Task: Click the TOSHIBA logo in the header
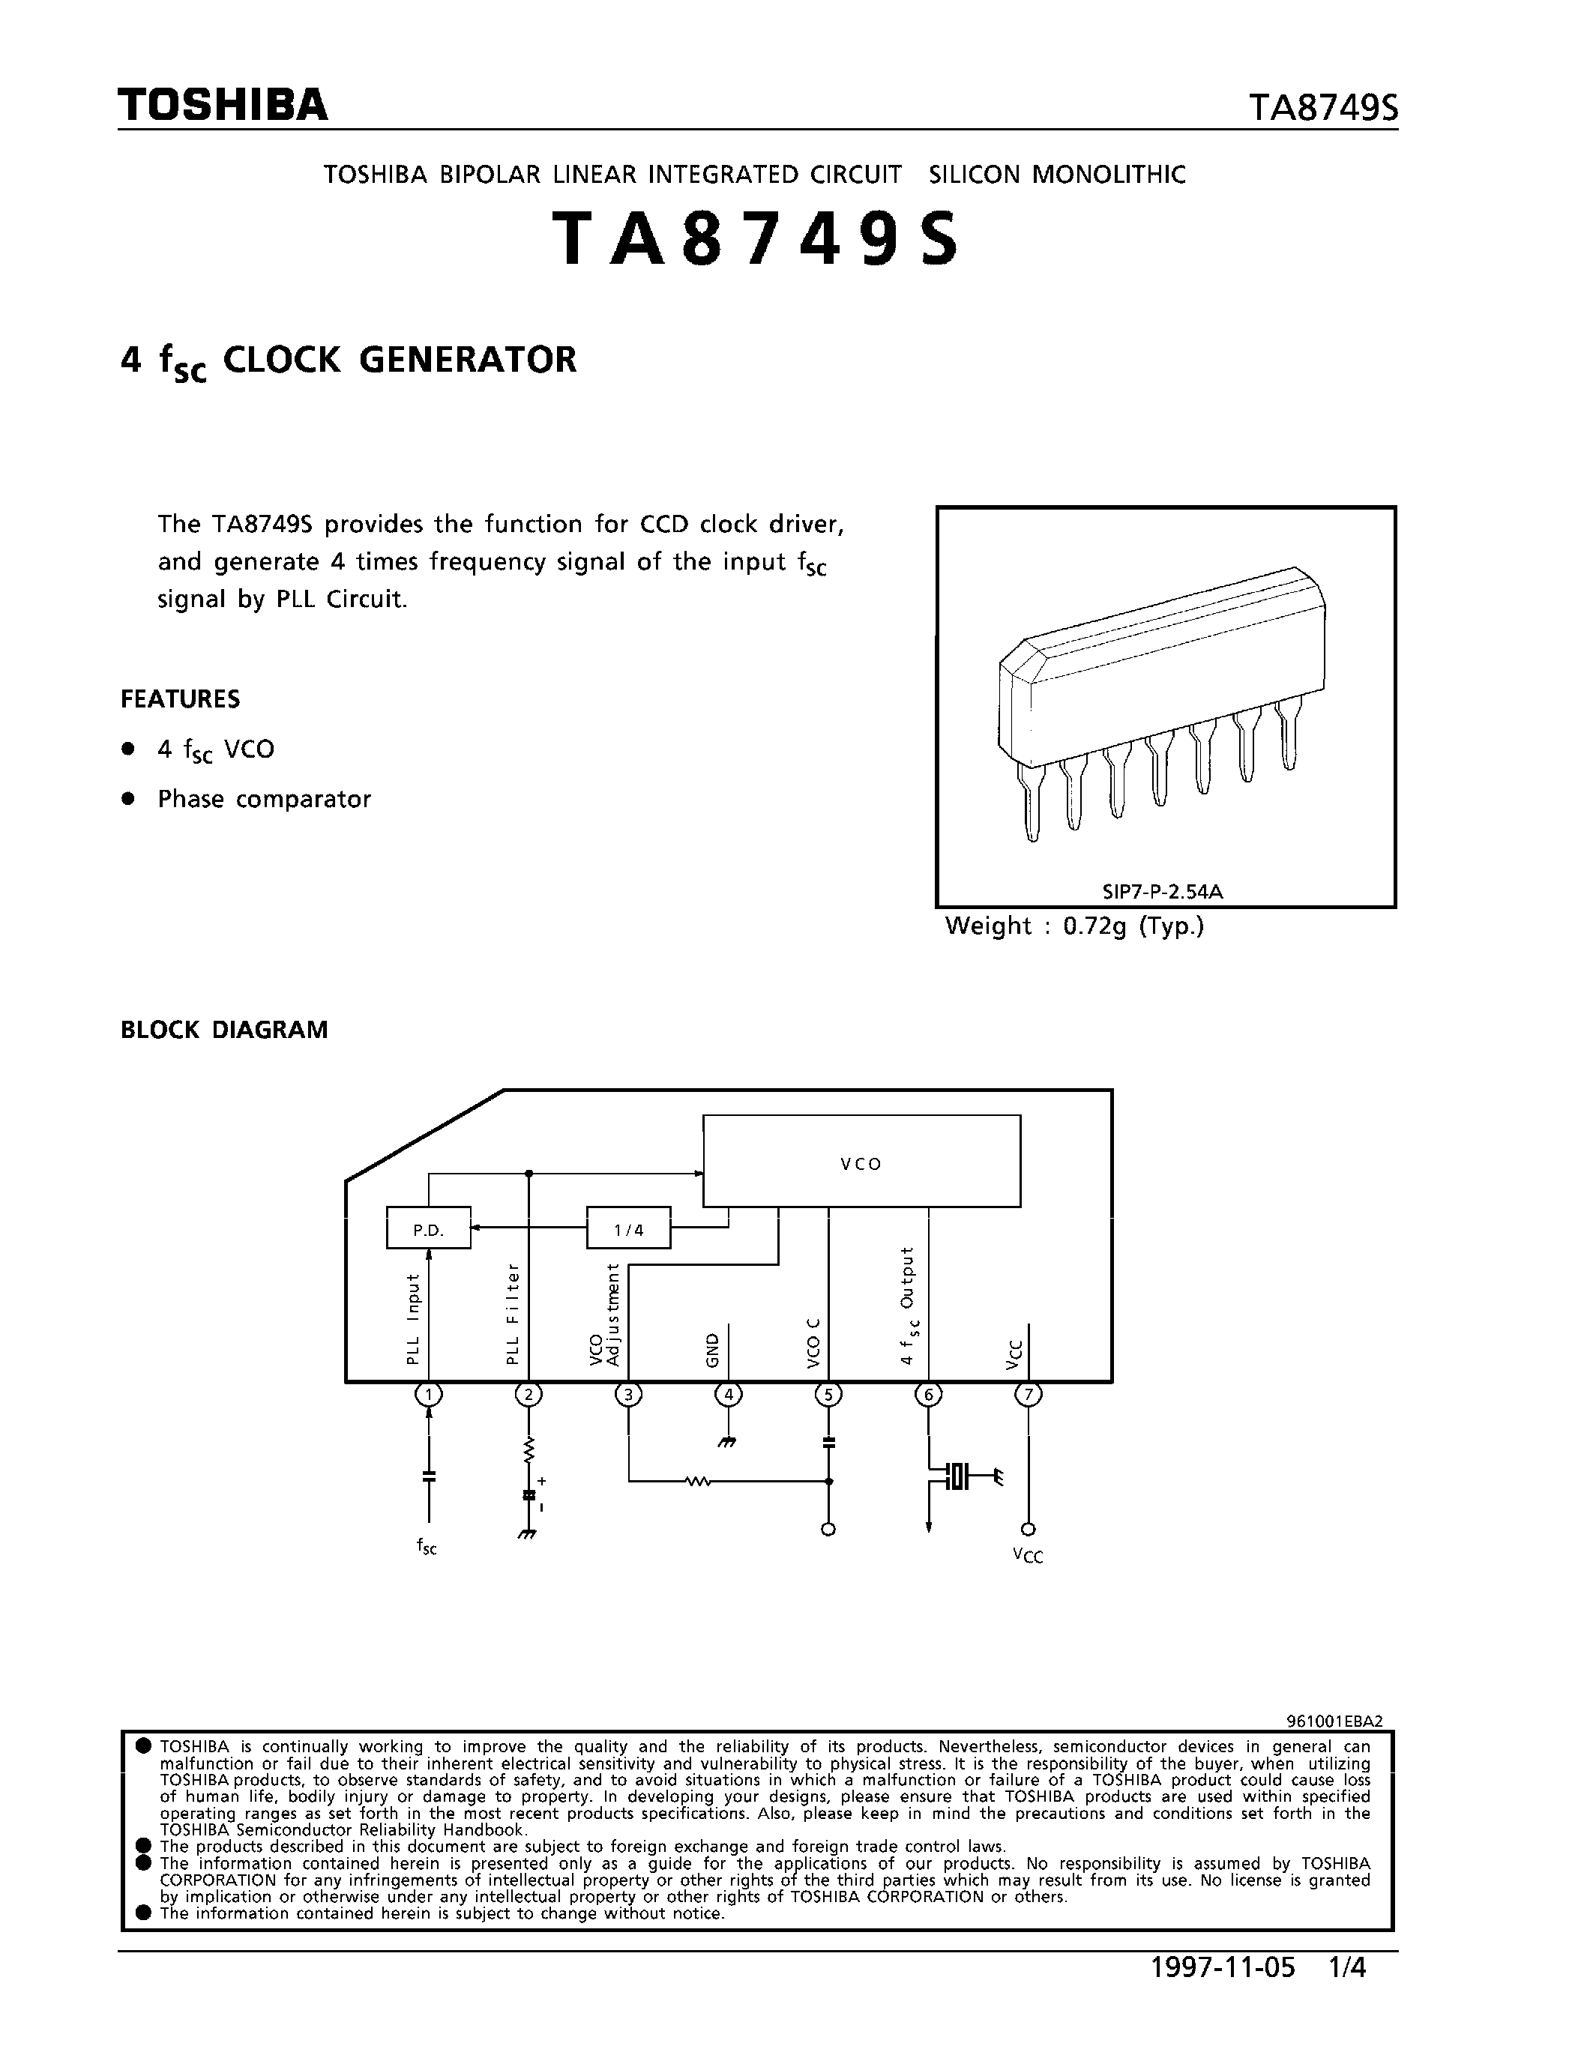click(x=223, y=105)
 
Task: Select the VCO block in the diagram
click(x=861, y=1162)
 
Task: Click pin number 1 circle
click(x=430, y=1395)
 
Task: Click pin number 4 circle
click(x=728, y=1395)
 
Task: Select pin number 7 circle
click(x=1028, y=1395)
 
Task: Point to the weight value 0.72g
click(x=1094, y=926)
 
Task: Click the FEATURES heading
click(x=180, y=699)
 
